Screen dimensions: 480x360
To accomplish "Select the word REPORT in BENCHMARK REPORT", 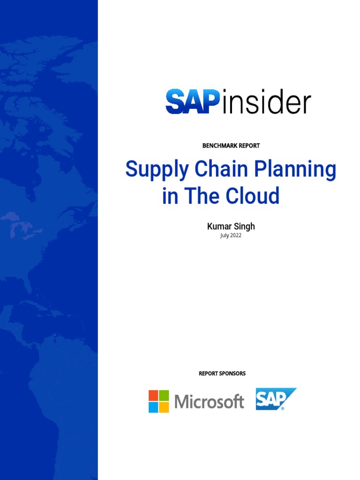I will point(249,146).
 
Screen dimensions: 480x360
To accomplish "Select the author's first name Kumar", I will point(218,227).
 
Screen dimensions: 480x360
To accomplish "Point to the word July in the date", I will point(225,235).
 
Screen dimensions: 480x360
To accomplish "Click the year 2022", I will point(236,235).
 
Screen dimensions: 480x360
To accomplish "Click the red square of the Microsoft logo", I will point(153,395).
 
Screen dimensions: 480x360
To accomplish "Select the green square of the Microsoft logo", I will point(164,395).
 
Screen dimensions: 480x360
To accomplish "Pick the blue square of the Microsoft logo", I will point(153,407).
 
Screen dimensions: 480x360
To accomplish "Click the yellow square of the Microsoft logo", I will point(164,407).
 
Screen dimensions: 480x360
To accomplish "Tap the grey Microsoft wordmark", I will point(209,402).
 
